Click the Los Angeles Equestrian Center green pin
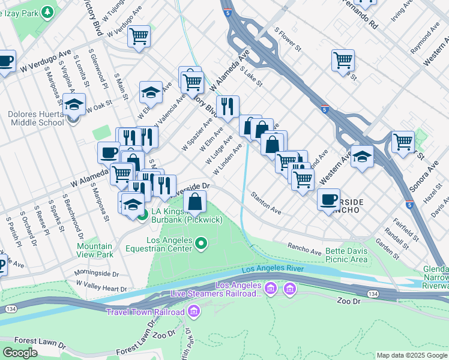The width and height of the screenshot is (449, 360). point(202,243)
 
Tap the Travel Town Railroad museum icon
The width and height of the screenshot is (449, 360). point(194,311)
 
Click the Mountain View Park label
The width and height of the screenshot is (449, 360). point(95,250)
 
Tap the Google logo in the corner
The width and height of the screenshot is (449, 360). point(20,353)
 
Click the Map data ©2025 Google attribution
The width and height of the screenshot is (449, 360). point(411,355)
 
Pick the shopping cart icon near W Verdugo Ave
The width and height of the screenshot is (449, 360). point(139,36)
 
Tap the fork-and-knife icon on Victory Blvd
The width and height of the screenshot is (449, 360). point(228,106)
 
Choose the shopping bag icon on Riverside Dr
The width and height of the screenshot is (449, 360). point(195,201)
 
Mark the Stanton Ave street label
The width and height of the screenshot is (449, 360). point(266,203)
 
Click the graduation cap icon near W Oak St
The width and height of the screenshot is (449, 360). point(74,104)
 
